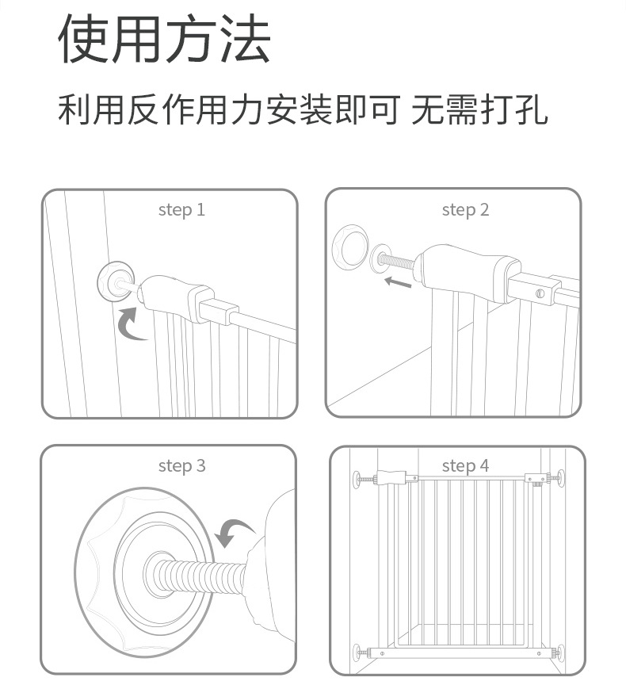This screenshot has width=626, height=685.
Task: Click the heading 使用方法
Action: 165,40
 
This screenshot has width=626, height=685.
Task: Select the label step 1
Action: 181,210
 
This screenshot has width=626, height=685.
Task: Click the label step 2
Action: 465,210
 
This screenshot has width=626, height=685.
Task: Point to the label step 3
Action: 181,466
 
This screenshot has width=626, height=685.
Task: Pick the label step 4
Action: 465,466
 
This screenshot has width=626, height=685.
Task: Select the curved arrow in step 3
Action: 234,532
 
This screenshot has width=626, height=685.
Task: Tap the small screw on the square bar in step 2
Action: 540,293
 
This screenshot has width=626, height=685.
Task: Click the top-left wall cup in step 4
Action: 355,479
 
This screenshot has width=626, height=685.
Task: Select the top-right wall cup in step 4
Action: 561,479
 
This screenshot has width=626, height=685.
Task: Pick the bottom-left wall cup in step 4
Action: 355,653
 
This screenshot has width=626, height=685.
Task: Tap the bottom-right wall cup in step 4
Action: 561,653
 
